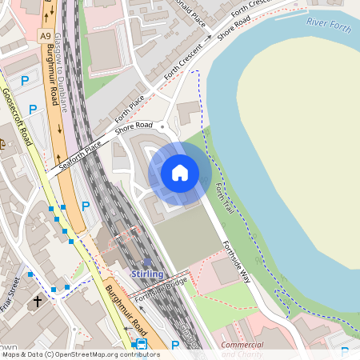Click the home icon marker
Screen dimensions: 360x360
[180, 172]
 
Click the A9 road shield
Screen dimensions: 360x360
[46, 36]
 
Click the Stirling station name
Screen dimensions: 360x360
[147, 274]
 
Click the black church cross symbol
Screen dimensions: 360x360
[37, 302]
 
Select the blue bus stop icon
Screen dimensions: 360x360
[141, 344]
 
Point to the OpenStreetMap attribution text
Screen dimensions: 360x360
[80, 354]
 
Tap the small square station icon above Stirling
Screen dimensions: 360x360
[147, 262]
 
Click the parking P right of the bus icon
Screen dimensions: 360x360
[175, 345]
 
